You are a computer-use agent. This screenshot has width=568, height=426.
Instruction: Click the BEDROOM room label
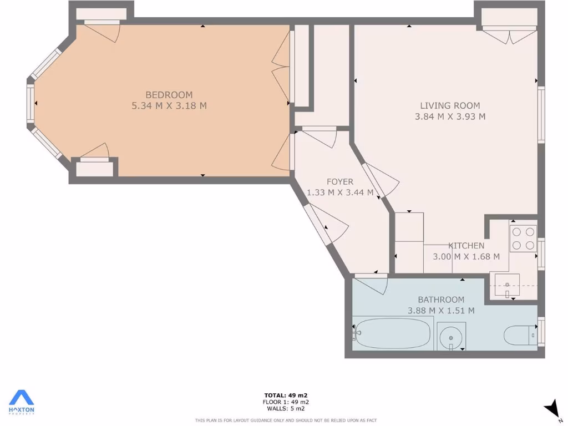(x=169, y=95)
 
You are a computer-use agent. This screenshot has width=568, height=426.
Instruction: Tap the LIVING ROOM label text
(x=450, y=105)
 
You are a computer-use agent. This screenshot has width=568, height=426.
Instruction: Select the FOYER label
(x=339, y=182)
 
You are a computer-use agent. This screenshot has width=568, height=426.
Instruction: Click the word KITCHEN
(x=466, y=246)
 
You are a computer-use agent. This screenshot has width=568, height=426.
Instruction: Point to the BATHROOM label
(x=441, y=300)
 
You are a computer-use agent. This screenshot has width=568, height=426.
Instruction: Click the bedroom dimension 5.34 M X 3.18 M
(x=169, y=106)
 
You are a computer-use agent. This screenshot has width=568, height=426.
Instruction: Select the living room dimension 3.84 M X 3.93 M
(x=450, y=116)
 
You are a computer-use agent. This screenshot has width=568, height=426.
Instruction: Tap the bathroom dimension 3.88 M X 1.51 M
(x=441, y=311)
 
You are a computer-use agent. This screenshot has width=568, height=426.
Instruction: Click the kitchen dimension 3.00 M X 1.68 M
(x=466, y=257)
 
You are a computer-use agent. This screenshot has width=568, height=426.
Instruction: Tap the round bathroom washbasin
(x=451, y=336)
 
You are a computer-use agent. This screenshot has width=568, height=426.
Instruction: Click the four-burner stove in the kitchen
(x=523, y=239)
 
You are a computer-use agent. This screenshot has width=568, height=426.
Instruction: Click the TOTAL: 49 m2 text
(x=286, y=395)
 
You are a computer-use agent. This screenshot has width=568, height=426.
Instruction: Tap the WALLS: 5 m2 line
(x=286, y=409)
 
